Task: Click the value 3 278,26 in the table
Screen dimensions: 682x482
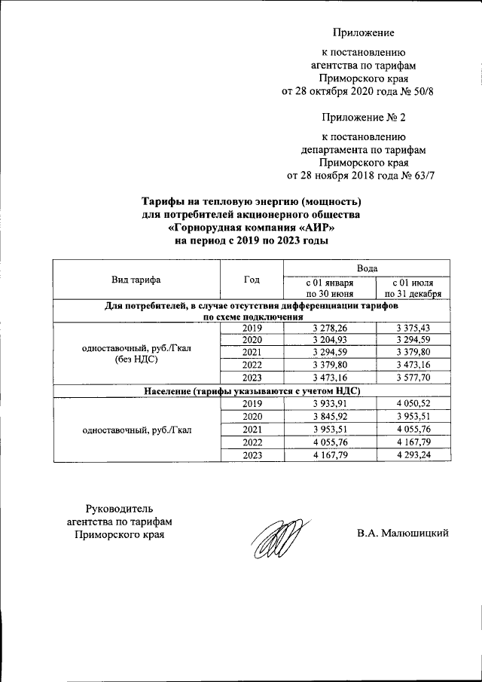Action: (x=328, y=329)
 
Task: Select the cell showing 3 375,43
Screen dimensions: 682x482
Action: (x=412, y=329)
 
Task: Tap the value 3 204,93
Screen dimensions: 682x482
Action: (x=328, y=341)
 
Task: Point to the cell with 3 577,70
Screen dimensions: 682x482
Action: (x=412, y=378)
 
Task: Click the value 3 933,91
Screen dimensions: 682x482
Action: (x=328, y=405)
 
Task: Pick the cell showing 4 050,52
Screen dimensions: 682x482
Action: (x=412, y=405)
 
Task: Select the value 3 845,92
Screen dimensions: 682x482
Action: (x=328, y=417)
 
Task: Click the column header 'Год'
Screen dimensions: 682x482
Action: (x=252, y=280)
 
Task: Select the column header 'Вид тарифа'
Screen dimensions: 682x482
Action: (x=136, y=280)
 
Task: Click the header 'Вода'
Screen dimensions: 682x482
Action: (x=367, y=268)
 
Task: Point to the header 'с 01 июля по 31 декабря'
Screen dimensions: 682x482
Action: (x=412, y=287)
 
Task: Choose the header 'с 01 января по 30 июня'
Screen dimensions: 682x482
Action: (x=328, y=287)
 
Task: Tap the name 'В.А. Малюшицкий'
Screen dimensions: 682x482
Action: (x=403, y=534)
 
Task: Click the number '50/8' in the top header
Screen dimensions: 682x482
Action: (x=423, y=92)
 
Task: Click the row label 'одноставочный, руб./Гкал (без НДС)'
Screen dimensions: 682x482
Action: (x=136, y=353)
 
